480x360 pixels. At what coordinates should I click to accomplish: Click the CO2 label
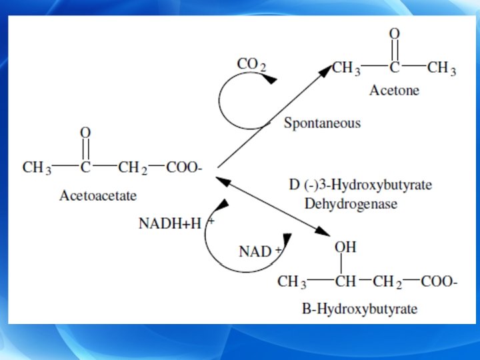(251, 65)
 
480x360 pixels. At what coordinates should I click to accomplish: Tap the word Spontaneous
(322, 123)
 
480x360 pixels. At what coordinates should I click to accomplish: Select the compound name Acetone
(395, 91)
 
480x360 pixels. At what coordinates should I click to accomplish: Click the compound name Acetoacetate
(98, 196)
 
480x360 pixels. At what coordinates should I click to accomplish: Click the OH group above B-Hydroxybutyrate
(345, 247)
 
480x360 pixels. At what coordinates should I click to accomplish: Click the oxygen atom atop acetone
(395, 33)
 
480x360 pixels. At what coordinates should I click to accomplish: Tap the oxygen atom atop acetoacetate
(85, 133)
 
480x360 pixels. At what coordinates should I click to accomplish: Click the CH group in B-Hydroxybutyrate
(345, 281)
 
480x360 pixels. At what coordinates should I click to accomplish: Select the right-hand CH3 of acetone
(441, 68)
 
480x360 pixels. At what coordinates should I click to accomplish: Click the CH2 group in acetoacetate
(133, 168)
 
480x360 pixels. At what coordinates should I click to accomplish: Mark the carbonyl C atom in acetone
(395, 68)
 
